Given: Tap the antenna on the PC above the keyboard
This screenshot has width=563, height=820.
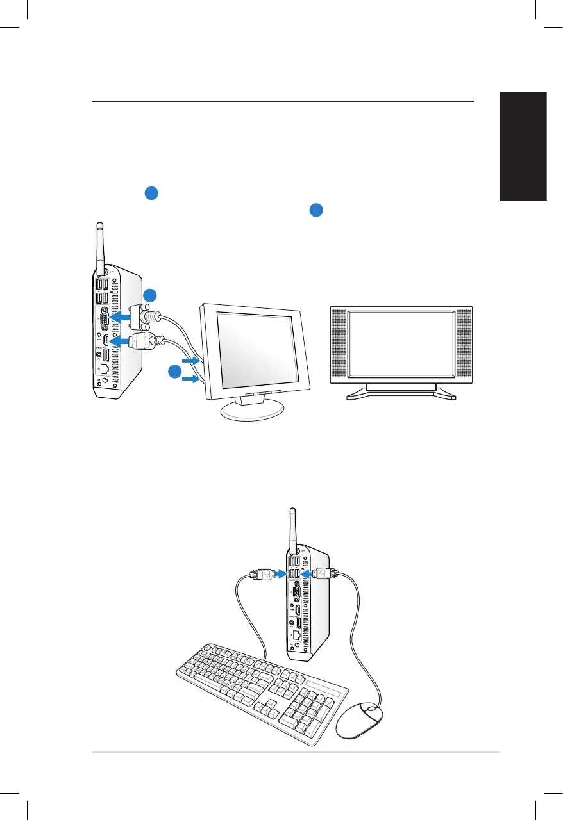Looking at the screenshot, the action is (293, 529).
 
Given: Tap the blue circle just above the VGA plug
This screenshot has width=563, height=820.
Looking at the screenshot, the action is (149, 295).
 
